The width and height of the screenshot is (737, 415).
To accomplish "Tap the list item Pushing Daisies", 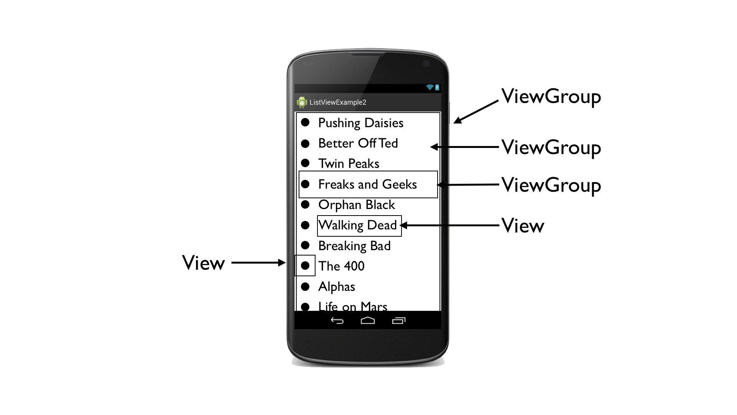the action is click(x=360, y=123).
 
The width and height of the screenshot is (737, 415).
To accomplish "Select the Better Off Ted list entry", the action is click(x=358, y=143).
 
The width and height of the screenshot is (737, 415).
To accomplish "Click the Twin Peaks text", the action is click(x=349, y=164).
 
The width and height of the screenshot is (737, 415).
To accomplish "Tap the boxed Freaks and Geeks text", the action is click(x=367, y=184).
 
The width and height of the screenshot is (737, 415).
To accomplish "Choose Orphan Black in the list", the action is click(x=357, y=205).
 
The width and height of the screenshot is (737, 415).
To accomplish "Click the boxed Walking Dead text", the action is click(x=358, y=225).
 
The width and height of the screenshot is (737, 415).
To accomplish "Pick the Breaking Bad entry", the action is click(x=354, y=246).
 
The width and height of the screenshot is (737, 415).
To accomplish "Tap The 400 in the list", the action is click(x=341, y=266).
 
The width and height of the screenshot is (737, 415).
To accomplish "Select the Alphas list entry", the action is click(x=337, y=287).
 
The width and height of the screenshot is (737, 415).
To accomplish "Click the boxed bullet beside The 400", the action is click(x=305, y=266).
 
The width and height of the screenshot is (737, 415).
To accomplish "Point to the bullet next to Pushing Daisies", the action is click(x=305, y=122).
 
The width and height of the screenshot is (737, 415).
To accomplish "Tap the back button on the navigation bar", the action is click(x=337, y=320).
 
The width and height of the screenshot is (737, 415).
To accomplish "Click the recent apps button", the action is click(x=399, y=320).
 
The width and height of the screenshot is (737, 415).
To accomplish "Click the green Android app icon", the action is click(x=302, y=102).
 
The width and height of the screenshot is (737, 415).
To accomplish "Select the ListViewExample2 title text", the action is click(x=338, y=102).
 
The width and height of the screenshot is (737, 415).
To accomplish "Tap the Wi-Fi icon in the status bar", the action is click(x=430, y=88).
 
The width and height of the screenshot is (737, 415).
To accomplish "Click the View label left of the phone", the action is click(x=203, y=263).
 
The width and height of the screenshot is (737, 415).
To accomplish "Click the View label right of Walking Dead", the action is click(x=523, y=226).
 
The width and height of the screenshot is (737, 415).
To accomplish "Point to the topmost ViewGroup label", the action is click(x=551, y=96).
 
